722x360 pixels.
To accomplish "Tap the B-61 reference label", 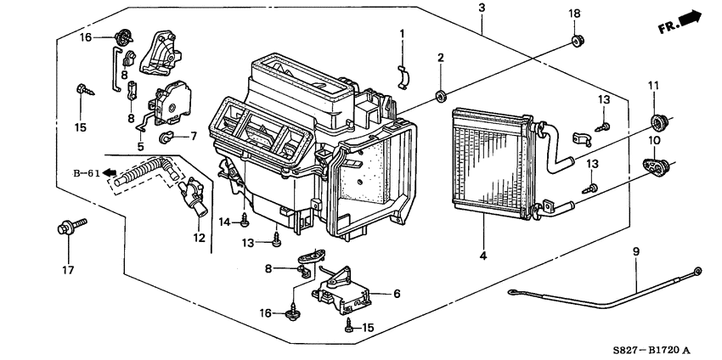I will (86, 172).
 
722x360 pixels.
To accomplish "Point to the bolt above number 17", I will (69, 228).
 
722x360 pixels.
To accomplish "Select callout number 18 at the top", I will (574, 14).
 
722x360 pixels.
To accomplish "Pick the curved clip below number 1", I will (404, 76).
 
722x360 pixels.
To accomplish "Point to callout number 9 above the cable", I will (635, 250).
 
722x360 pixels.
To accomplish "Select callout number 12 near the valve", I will (199, 239).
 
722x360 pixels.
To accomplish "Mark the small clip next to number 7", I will (168, 136).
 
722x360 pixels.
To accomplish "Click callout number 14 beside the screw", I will (225, 222).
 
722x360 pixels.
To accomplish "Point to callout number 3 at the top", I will (482, 8).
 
